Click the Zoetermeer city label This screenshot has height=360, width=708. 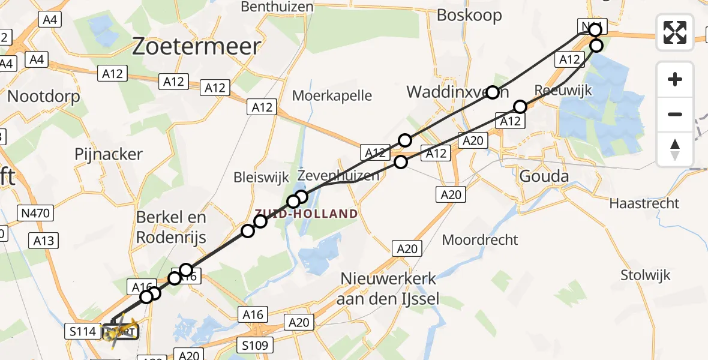point(196,46)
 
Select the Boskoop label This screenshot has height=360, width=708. point(469,15)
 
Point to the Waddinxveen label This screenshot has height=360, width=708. point(458,92)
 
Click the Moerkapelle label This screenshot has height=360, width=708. point(332,95)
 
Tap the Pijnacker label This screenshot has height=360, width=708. point(109,154)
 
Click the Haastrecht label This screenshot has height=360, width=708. point(644,203)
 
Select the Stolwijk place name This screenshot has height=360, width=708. point(645,275)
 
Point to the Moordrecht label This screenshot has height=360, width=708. point(479,240)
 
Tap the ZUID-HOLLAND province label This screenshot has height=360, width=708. point(305,214)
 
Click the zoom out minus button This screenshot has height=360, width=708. point(675,114)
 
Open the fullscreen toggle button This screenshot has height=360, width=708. point(675,32)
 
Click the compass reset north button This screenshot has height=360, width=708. point(675,149)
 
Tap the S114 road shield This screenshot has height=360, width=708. point(82,331)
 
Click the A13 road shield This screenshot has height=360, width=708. point(44,241)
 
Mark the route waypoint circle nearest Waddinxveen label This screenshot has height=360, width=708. point(493,92)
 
